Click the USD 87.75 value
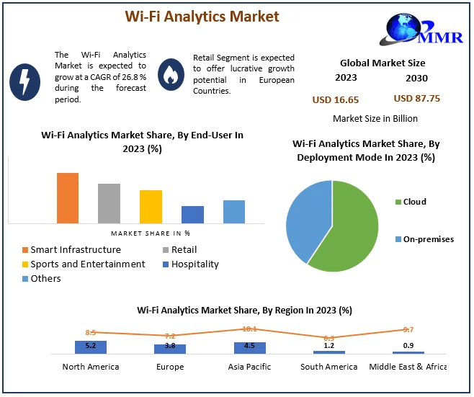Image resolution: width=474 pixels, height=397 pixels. (417, 99)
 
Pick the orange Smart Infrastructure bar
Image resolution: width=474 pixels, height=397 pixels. (68, 198)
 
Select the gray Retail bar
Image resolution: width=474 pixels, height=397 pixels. (109, 203)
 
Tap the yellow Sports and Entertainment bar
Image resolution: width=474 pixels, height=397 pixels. (151, 207)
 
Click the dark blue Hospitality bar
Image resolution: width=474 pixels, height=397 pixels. (192, 215)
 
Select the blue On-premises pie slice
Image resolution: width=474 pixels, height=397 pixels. (306, 216)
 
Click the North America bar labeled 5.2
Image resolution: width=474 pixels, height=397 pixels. (91, 347)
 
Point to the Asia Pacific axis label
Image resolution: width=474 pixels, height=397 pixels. (250, 367)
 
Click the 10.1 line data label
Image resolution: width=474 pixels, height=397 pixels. (249, 329)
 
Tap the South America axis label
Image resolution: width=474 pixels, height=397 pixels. (329, 367)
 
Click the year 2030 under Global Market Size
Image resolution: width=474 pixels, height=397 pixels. (416, 79)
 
